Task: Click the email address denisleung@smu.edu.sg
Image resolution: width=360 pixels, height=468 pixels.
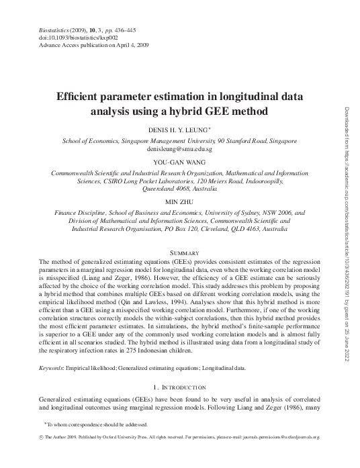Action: point(179,148)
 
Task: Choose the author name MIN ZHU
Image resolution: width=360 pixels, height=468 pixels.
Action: point(179,201)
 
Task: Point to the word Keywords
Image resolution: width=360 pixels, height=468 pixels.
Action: point(54,368)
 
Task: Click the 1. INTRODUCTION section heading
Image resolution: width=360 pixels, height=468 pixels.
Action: point(179,387)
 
